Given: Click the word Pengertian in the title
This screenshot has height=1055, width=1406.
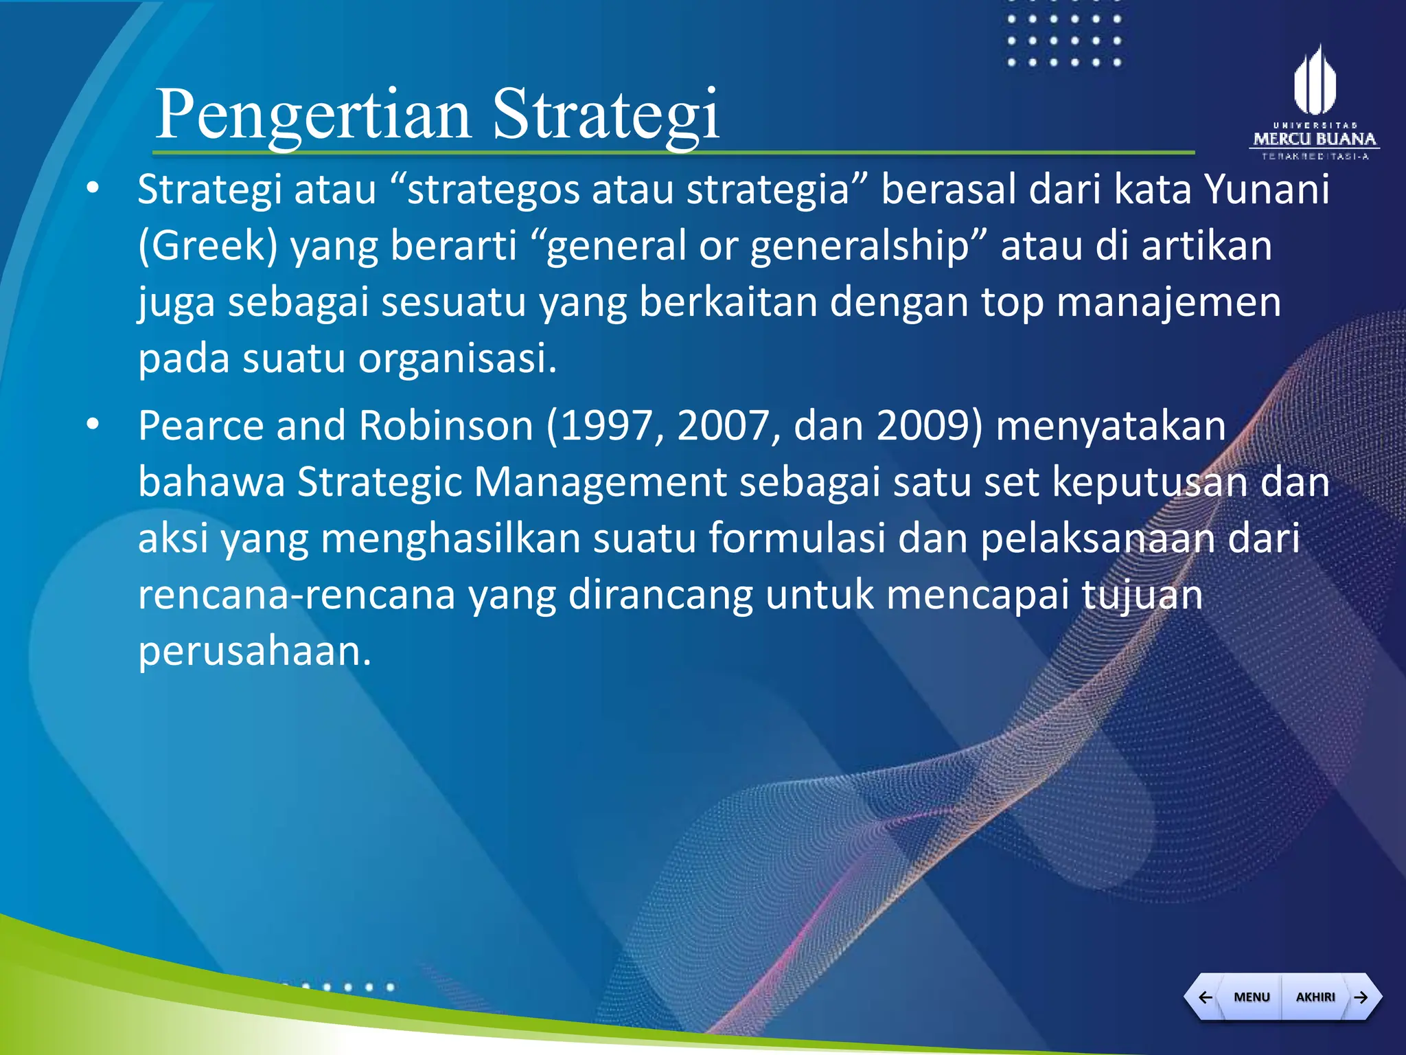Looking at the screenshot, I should coord(312,115).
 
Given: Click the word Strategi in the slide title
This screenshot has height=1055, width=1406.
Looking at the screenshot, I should coord(606,115).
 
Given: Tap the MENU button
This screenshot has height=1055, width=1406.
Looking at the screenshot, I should coord(1251,997).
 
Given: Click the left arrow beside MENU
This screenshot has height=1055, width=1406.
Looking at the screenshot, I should coord(1205,997).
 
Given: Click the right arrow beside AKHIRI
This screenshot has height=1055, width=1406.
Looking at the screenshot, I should coord(1361,997).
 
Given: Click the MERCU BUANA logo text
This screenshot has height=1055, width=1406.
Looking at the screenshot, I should coord(1315,139).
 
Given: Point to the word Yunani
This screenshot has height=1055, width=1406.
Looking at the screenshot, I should coord(1267,189).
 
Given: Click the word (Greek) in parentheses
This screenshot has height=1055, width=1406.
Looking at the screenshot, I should coord(207,245).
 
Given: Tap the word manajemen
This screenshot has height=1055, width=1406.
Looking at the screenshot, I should coord(1168,302).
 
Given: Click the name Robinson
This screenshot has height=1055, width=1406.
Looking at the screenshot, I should coord(446,425).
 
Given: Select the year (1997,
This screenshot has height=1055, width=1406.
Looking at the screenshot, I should coord(605,425).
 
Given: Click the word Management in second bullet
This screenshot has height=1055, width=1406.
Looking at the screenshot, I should coord(599,481).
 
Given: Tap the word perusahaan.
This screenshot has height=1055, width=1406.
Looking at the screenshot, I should coord(254,650).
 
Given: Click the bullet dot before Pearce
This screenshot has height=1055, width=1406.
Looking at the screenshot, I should coord(93,424).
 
